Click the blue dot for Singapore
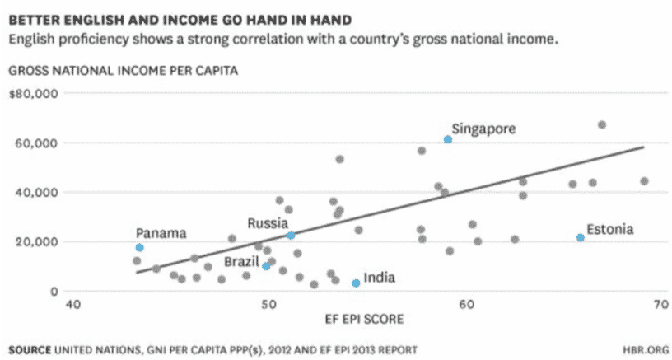pos(448,139)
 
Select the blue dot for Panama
pos(139,247)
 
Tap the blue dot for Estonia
pos(581,238)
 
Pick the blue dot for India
pos(356,283)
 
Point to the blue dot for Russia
pos(291,236)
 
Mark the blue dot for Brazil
pos(266,266)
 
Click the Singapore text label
pos(483,129)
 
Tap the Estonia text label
pos(610,229)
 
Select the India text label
pos(380,278)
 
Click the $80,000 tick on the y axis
pos(34,93)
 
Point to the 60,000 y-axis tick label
pos(37,143)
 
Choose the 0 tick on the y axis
pos(54,292)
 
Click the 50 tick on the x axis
pos(268,304)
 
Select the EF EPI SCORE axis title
pos(364,320)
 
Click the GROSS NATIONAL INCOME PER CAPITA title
pos(124,71)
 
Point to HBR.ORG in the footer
pos(646,350)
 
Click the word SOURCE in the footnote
pos(30,350)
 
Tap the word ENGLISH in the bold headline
pos(82,20)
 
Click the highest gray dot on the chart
pos(602,124)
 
